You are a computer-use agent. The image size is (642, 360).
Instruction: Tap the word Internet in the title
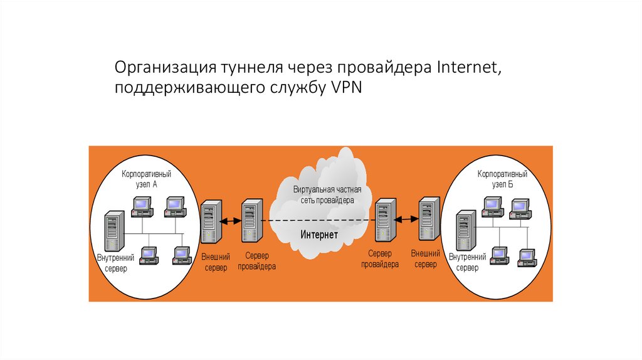(x=464, y=68)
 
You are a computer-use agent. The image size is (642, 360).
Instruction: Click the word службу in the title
(x=294, y=88)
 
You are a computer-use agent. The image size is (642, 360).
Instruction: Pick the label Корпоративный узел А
(x=147, y=178)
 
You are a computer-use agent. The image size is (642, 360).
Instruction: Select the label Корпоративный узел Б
(x=502, y=178)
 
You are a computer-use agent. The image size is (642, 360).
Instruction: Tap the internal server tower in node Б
(x=465, y=231)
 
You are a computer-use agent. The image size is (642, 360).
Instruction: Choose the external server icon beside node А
(x=211, y=223)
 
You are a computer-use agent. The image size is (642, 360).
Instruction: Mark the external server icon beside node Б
(x=429, y=220)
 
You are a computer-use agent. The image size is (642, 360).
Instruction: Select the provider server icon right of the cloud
(x=384, y=220)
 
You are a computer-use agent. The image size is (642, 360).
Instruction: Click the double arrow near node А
(x=231, y=220)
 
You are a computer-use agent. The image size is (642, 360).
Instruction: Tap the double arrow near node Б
(x=407, y=219)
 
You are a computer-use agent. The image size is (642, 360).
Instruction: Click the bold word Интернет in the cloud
(x=319, y=235)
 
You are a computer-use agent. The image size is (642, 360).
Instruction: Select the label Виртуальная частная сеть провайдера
(x=324, y=194)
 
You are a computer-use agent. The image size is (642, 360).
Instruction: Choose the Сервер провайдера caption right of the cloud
(x=379, y=259)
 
